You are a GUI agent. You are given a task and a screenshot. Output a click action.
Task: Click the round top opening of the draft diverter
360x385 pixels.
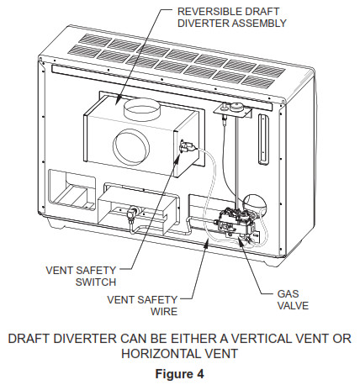coord(147,110)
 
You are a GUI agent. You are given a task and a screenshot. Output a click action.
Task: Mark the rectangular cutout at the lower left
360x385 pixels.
coord(70,192)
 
